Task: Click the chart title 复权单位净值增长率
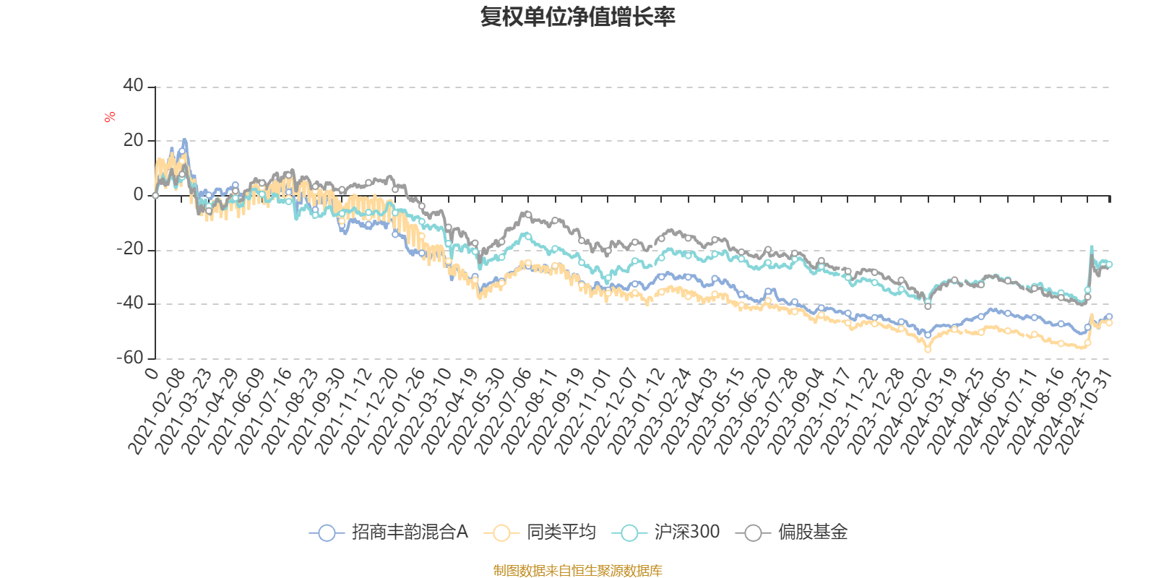tap(577, 17)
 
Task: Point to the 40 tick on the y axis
tap(133, 85)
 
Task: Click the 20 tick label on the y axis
tap(133, 140)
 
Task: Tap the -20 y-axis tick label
tap(130, 249)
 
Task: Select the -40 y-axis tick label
tap(130, 303)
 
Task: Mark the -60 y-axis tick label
tap(130, 358)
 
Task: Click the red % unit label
tap(110, 116)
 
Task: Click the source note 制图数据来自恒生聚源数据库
tap(577, 571)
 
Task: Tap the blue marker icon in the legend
tap(327, 533)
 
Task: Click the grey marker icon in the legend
tap(754, 533)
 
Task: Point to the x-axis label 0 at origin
tap(151, 373)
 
